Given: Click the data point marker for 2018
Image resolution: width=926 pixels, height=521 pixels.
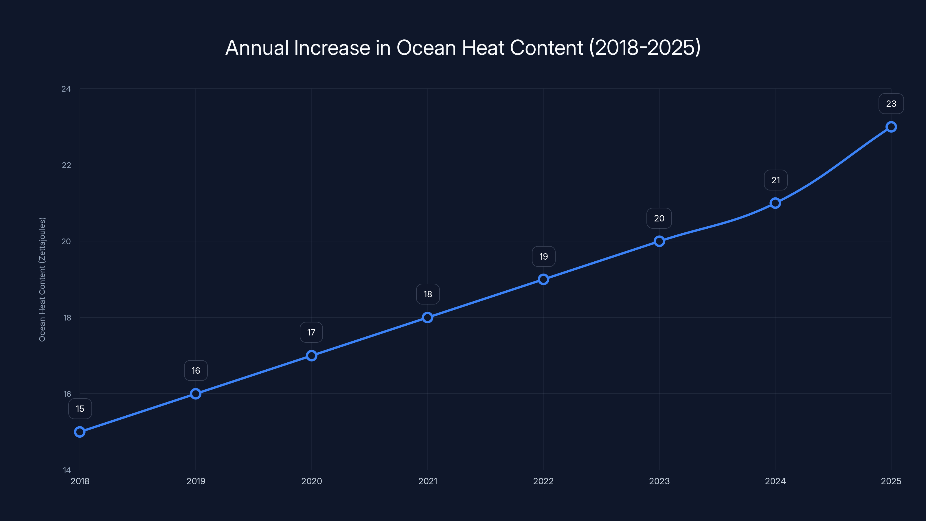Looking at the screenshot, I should tap(80, 432).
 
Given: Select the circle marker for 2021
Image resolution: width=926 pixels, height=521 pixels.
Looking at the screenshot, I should tap(427, 318).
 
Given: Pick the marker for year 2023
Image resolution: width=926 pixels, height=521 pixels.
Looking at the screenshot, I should tap(659, 241).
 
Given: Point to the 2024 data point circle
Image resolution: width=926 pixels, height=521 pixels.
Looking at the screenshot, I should tap(776, 203).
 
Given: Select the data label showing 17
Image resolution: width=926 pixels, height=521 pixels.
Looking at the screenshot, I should tap(311, 333).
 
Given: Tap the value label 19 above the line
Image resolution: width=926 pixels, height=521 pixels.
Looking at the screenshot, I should tap(543, 256).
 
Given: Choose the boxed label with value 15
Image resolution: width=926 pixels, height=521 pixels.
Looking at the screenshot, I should tap(80, 409).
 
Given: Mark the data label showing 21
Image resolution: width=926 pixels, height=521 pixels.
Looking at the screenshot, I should tap(776, 180).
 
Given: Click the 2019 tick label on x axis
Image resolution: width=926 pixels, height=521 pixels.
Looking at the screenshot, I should tap(196, 481).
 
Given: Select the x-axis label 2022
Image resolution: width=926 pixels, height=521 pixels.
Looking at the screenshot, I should tap(543, 481).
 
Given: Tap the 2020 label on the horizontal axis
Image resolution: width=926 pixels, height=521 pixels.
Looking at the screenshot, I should tap(311, 481).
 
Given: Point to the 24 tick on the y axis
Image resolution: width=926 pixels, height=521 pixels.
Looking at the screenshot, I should tap(66, 89).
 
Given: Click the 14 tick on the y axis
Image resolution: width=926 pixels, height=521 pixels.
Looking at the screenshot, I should tap(67, 470).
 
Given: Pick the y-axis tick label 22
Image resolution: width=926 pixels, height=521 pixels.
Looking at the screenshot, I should tap(67, 165).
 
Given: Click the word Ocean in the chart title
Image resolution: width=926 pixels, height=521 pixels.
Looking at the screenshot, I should tap(426, 47).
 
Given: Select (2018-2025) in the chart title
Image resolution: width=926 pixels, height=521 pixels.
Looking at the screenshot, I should tap(645, 47).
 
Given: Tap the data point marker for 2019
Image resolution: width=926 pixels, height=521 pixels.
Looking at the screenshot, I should tap(196, 394).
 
